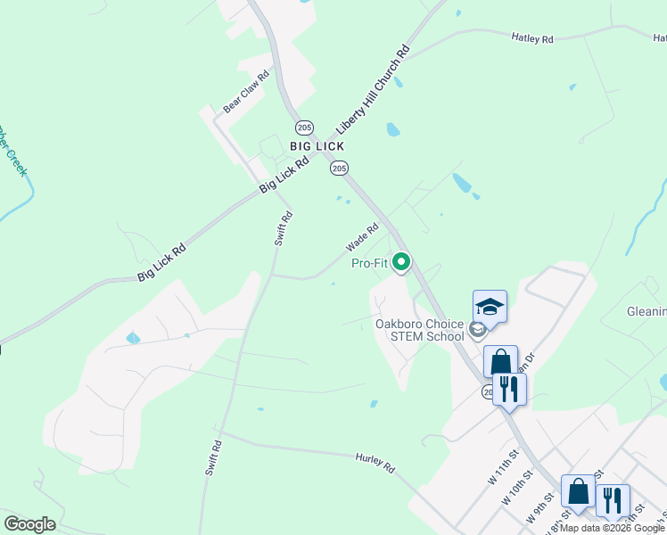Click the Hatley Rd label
(x=532, y=38)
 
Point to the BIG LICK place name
(x=317, y=145)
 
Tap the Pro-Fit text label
(x=370, y=263)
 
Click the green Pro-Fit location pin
(x=401, y=262)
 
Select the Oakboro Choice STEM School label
(x=419, y=330)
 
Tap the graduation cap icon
(x=490, y=308)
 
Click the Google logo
(x=29, y=524)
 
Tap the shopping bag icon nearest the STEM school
(x=500, y=362)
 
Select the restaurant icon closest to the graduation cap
(x=509, y=389)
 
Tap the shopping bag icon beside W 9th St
(x=578, y=491)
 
